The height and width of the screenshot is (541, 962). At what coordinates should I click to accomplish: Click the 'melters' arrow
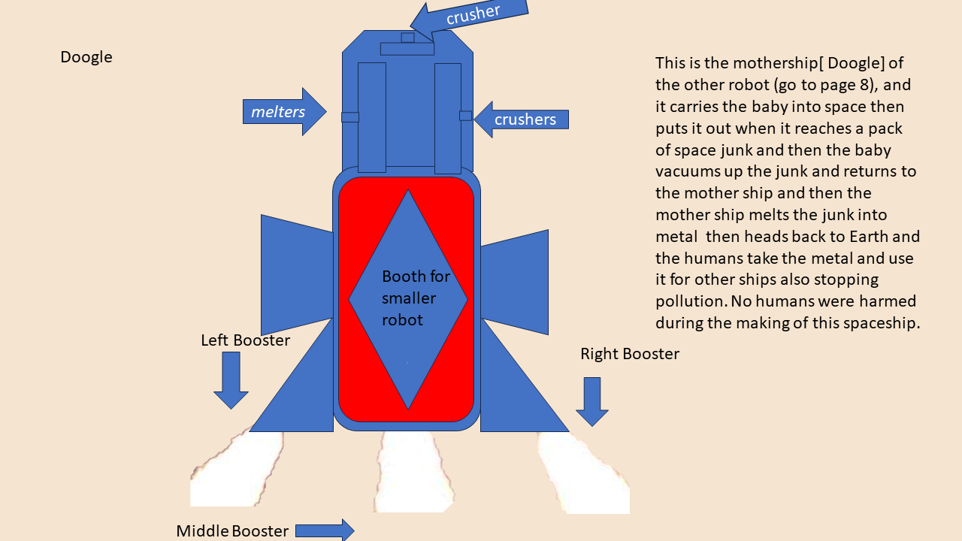284,112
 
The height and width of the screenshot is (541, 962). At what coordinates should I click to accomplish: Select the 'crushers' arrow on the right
522,119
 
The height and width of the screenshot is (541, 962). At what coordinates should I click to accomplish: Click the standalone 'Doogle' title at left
86,57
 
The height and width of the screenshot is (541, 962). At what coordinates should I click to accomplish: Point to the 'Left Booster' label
245,340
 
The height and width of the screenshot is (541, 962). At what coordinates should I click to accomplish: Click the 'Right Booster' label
630,354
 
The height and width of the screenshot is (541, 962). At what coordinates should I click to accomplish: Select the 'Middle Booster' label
232,530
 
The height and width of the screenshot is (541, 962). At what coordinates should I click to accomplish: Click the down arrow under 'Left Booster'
231,380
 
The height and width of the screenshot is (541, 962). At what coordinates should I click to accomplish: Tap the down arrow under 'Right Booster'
592,402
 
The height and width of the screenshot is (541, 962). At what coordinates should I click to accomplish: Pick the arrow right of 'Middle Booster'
325,530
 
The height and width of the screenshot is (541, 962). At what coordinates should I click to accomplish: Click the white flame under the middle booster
413,471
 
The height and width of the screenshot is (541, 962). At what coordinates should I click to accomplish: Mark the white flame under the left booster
237,469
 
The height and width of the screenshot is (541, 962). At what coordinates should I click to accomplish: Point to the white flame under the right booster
584,473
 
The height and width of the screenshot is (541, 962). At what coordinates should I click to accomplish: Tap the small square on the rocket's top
407,38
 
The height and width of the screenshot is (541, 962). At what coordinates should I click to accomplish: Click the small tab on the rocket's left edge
350,117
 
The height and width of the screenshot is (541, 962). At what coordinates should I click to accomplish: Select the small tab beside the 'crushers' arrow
465,116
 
